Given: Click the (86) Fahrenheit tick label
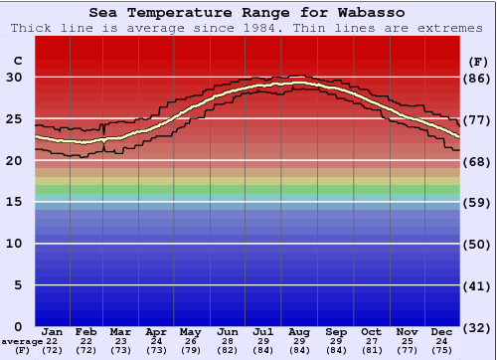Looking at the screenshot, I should pos(478,78).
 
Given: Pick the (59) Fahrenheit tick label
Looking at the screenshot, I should pos(478,203).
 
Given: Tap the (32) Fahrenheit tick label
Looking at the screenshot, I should pos(478,327).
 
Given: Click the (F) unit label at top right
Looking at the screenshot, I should pos(478,61).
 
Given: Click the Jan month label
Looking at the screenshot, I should pos(53,331).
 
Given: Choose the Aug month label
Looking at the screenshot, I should pos(299,331).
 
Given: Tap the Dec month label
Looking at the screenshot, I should pos(442,331).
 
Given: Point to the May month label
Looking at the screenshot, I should pos(190,331).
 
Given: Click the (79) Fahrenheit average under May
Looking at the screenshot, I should pos(190,351).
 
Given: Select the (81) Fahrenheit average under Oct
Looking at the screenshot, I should pos(371,351).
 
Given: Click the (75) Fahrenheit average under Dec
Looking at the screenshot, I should pos(442,351).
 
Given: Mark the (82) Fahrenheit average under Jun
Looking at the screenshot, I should pos(228,351).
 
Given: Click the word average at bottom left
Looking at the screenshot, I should pos(21,342).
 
